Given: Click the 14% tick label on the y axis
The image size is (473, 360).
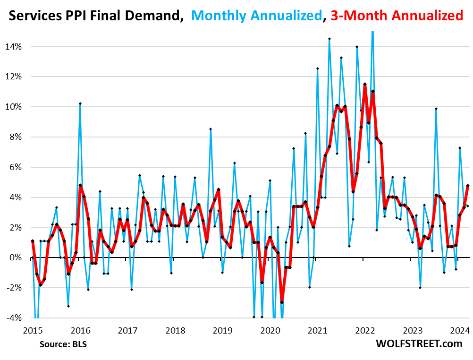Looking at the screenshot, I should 14,46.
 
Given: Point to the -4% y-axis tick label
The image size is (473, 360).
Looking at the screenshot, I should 14,318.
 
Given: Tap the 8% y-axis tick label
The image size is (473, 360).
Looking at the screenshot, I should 16,137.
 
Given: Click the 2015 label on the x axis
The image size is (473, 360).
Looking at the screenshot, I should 32,330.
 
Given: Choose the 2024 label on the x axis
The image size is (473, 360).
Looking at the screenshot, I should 460,330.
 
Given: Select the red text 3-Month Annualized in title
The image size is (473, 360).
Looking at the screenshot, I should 397,16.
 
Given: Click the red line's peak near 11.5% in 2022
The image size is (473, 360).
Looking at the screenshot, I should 365,84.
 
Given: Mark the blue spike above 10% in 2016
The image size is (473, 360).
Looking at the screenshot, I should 80,103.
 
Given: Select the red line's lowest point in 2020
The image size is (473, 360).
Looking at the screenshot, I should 282,302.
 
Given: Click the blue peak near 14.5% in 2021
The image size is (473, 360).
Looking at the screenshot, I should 329,39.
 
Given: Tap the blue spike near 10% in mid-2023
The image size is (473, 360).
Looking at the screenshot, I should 436,109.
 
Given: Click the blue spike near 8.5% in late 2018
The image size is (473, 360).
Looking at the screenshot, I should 211,129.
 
